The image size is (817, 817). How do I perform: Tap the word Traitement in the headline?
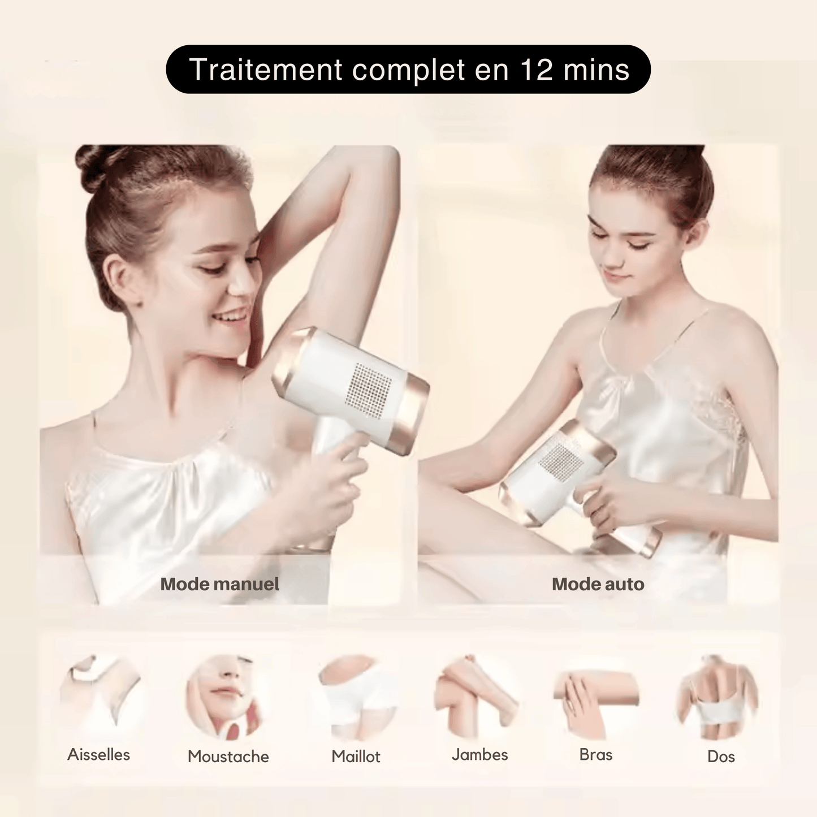(x=266, y=70)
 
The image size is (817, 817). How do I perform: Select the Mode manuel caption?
(x=219, y=584)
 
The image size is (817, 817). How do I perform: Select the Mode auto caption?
(x=598, y=584)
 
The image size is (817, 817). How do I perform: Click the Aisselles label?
(x=99, y=755)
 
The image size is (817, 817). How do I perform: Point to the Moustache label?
(x=228, y=757)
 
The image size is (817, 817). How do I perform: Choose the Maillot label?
(x=356, y=757)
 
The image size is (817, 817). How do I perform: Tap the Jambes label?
(x=479, y=755)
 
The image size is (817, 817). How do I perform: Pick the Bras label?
(x=596, y=755)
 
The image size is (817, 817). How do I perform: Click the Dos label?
(x=721, y=757)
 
